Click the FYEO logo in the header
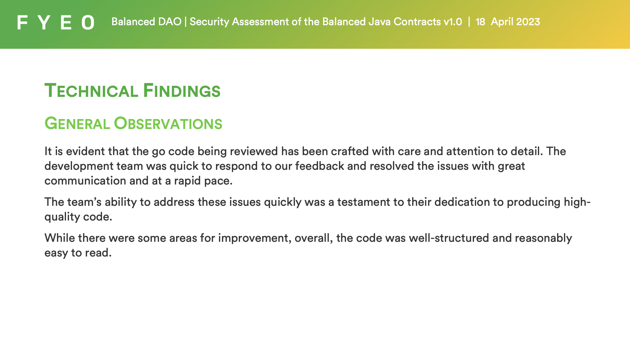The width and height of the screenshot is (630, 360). click(x=56, y=22)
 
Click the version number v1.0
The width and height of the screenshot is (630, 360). click(x=453, y=22)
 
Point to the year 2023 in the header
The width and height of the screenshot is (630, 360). click(x=528, y=22)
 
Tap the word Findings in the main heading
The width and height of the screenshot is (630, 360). click(x=182, y=91)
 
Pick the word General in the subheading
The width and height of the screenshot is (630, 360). click(x=77, y=124)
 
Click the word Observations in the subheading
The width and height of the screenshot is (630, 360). click(x=168, y=124)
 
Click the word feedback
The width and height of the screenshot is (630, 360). click(x=319, y=166)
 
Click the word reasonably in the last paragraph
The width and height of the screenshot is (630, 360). click(x=543, y=238)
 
